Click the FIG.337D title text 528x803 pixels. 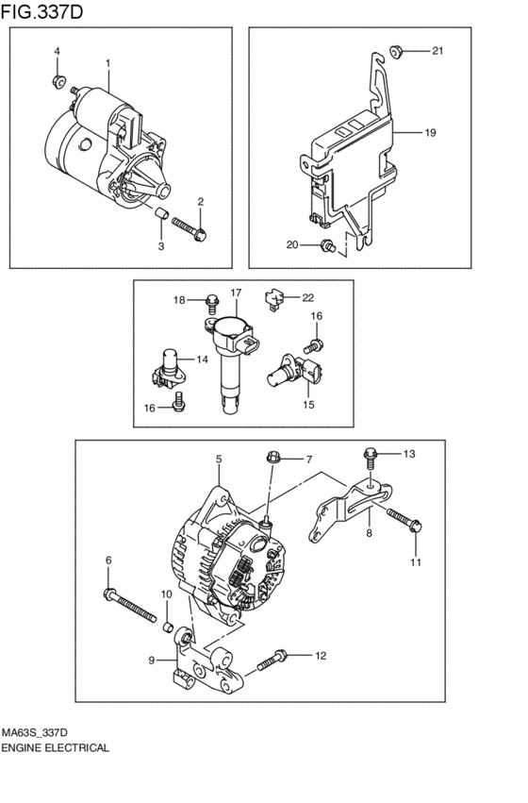coord(41,12)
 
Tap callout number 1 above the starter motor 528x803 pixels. coord(107,63)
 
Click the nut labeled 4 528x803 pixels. coord(58,81)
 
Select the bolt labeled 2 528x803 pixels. coord(190,228)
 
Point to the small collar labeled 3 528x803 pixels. coord(161,212)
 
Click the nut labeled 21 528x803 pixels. coord(395,51)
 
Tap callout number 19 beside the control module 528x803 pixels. coord(430,133)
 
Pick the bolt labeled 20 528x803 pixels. coord(327,246)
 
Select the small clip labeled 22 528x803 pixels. coord(273,300)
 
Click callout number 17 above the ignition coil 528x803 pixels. coord(236,293)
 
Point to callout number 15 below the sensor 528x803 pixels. coord(308,405)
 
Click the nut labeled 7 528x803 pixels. coord(272,457)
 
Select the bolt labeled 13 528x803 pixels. coord(371,459)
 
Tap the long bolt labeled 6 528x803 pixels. coord(130,605)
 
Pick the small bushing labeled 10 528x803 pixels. coord(167,627)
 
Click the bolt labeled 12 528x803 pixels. coord(272,661)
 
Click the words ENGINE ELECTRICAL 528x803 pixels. coord(55,747)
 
